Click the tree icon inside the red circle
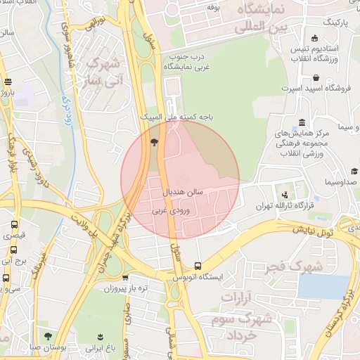[x=154, y=143]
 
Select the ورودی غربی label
[x=171, y=210]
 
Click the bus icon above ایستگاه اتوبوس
[x=198, y=266]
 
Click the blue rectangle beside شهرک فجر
[x=323, y=287]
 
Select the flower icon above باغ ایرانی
[x=100, y=336]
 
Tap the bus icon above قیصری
[x=14, y=225]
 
